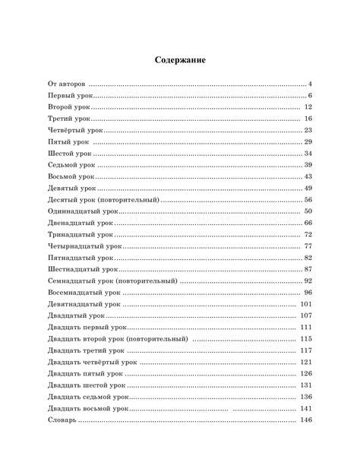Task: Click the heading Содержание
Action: (x=180, y=59)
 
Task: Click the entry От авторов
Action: (x=67, y=83)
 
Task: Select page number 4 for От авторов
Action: (x=311, y=83)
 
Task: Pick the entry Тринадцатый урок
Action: (x=79, y=235)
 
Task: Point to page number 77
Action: (x=308, y=246)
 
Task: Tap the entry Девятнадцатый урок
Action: (x=84, y=304)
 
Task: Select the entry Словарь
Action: (x=61, y=420)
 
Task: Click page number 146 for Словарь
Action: (x=307, y=420)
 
